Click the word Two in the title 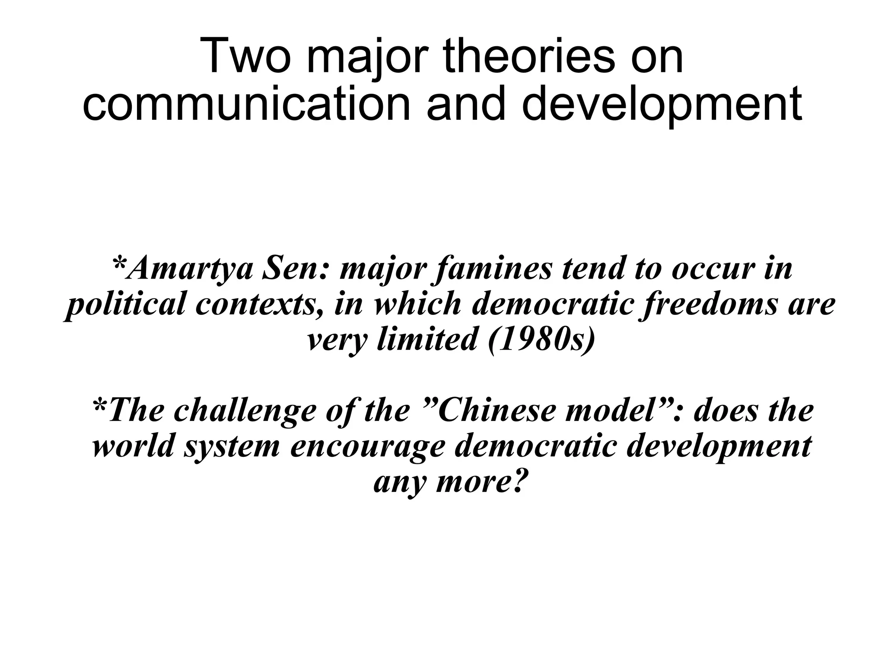click(x=245, y=57)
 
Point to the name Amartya click(x=191, y=269)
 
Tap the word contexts click(x=261, y=305)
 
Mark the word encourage click(x=368, y=447)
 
